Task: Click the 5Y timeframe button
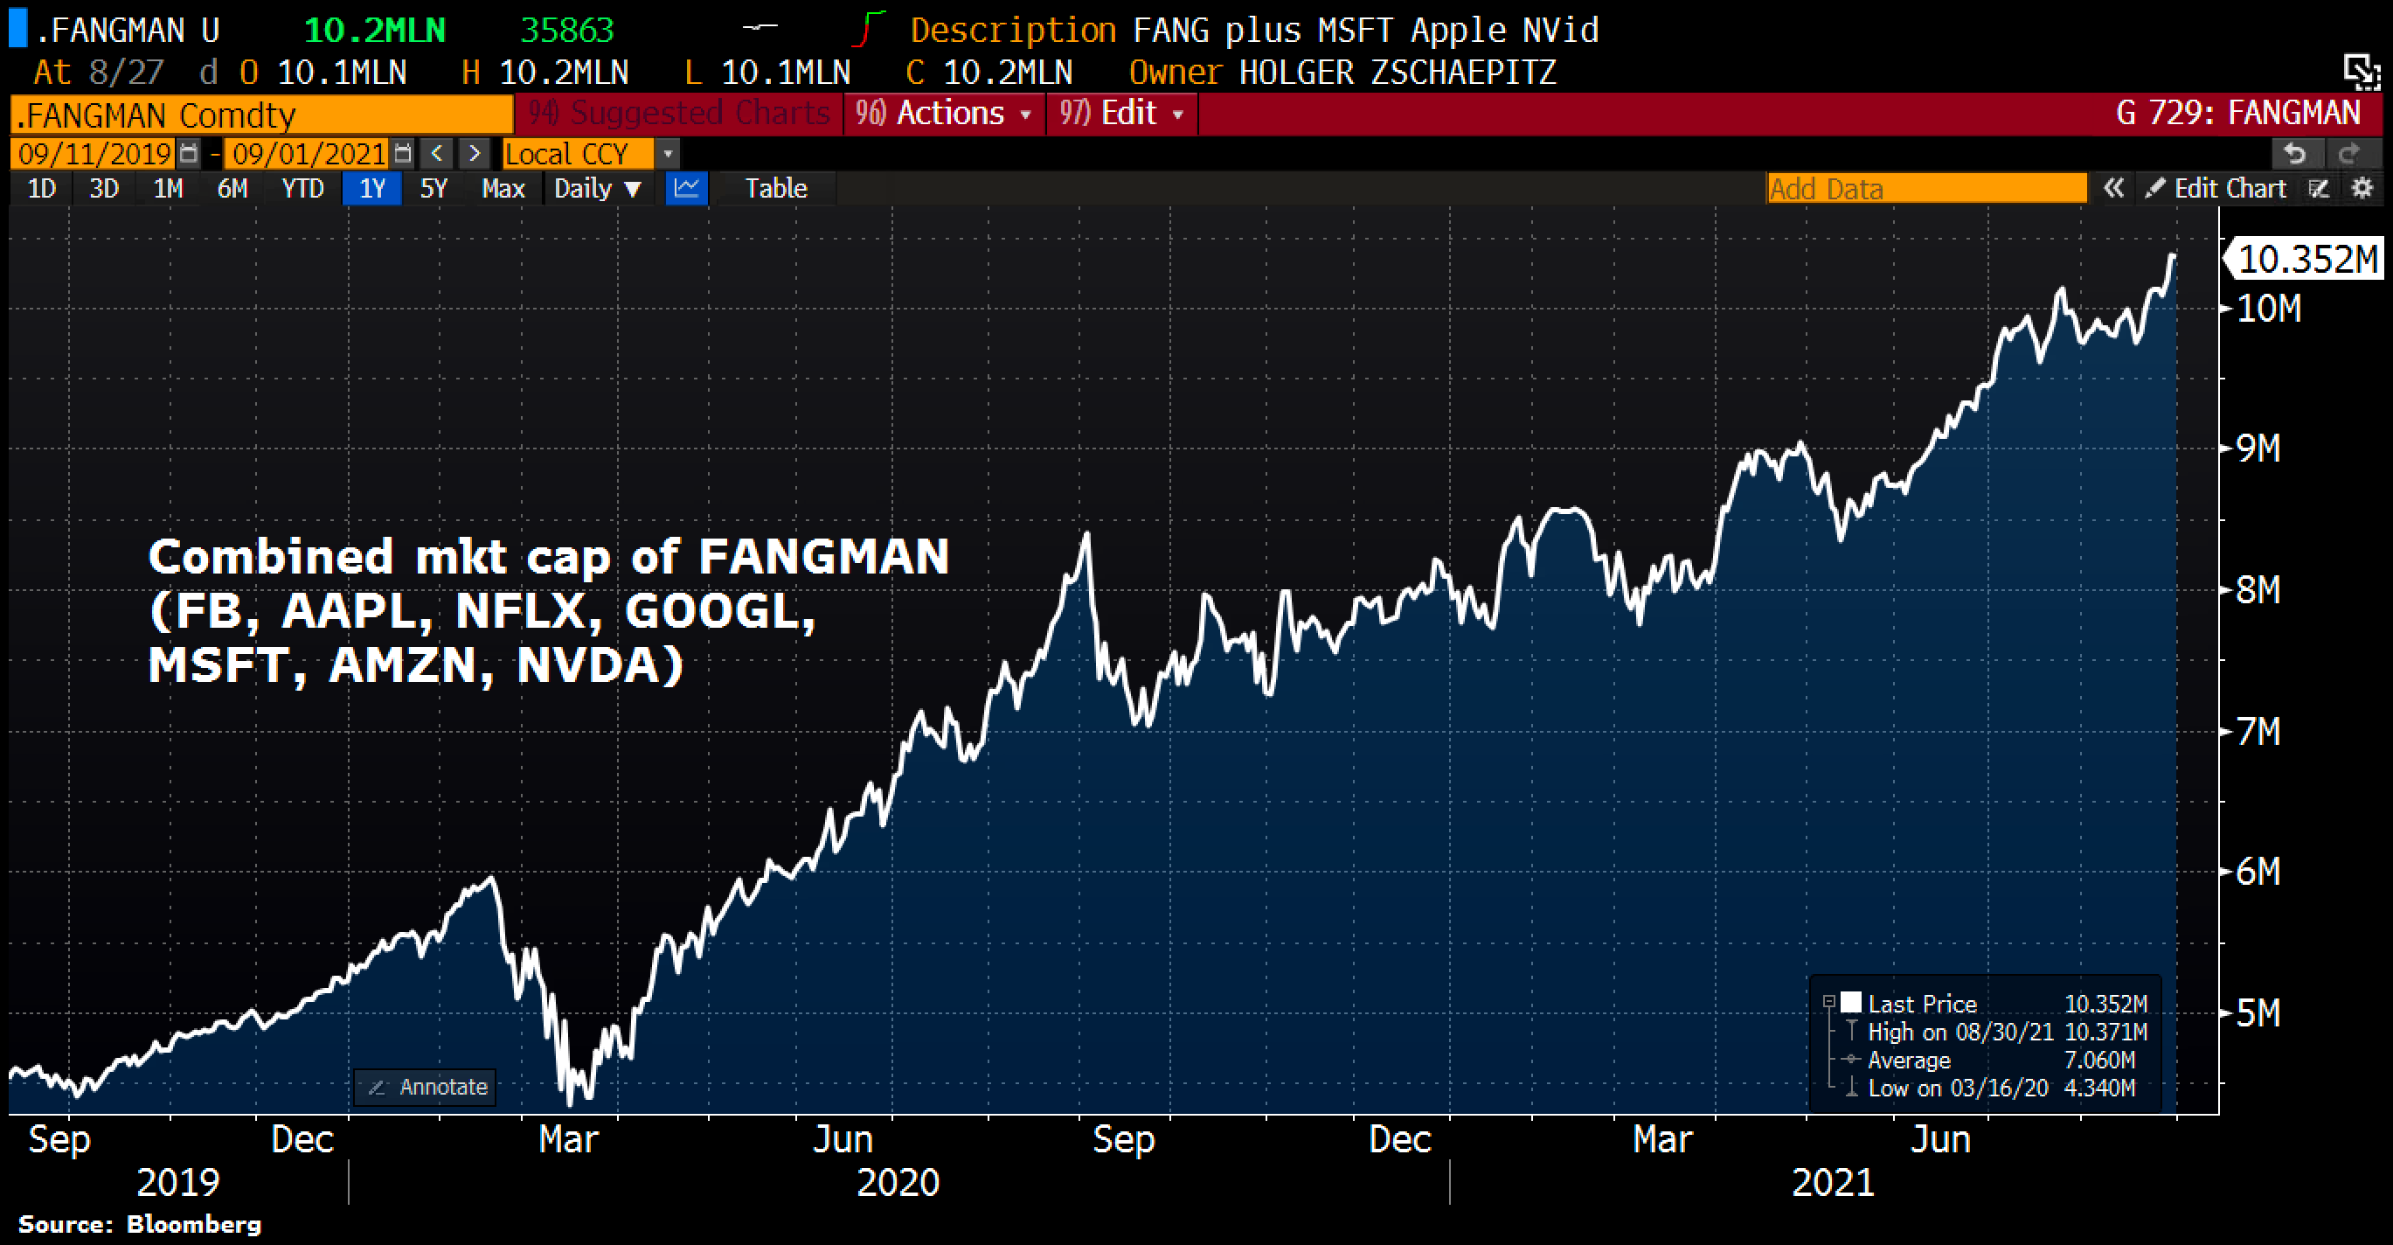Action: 433,189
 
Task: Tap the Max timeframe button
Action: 503,189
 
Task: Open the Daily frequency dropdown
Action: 596,189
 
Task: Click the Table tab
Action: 776,189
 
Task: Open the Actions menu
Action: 943,114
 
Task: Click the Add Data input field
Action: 1925,189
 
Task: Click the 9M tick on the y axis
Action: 2258,449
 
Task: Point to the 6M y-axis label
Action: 2258,872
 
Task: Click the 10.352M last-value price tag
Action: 2306,259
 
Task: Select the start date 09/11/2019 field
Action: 94,153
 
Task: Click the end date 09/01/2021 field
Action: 309,153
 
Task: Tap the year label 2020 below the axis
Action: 898,1183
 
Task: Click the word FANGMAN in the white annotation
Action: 823,558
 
